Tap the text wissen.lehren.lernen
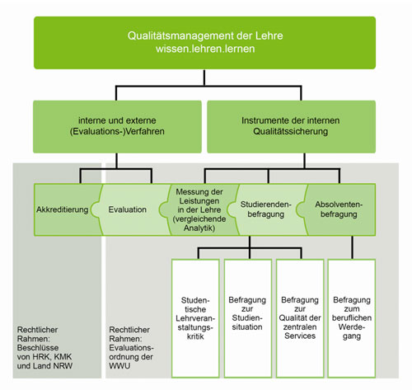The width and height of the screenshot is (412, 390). coord(205,49)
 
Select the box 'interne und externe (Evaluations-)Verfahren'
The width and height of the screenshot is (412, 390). coord(117,127)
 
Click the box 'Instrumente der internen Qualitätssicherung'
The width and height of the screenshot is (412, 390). coord(291,127)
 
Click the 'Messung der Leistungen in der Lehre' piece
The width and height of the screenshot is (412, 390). coord(199,209)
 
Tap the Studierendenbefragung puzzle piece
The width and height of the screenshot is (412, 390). coord(266,209)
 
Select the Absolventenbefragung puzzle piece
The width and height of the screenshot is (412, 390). coord(339,209)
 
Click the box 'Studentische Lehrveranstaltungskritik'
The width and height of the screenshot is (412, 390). coord(195,318)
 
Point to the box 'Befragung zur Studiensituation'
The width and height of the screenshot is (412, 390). coord(248,318)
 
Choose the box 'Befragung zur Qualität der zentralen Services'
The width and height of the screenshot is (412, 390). coord(300,318)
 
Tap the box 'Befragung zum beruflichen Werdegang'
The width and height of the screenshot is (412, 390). coord(352,318)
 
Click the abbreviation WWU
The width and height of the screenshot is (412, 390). coord(119,366)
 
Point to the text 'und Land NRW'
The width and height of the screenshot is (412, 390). coord(44,366)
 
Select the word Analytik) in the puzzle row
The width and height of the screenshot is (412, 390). coord(199,228)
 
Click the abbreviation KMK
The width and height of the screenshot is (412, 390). coord(63,357)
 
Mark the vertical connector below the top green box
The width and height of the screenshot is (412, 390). coord(204,78)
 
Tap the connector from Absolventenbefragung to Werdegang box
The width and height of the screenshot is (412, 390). coord(353,247)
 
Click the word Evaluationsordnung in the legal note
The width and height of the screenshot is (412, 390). coord(131,352)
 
